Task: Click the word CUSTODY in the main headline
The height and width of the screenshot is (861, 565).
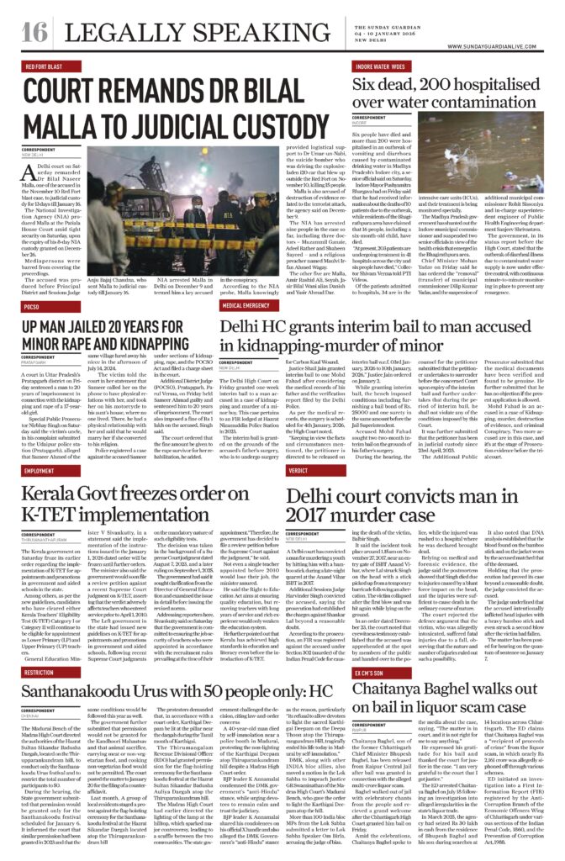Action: [x=256, y=126]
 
